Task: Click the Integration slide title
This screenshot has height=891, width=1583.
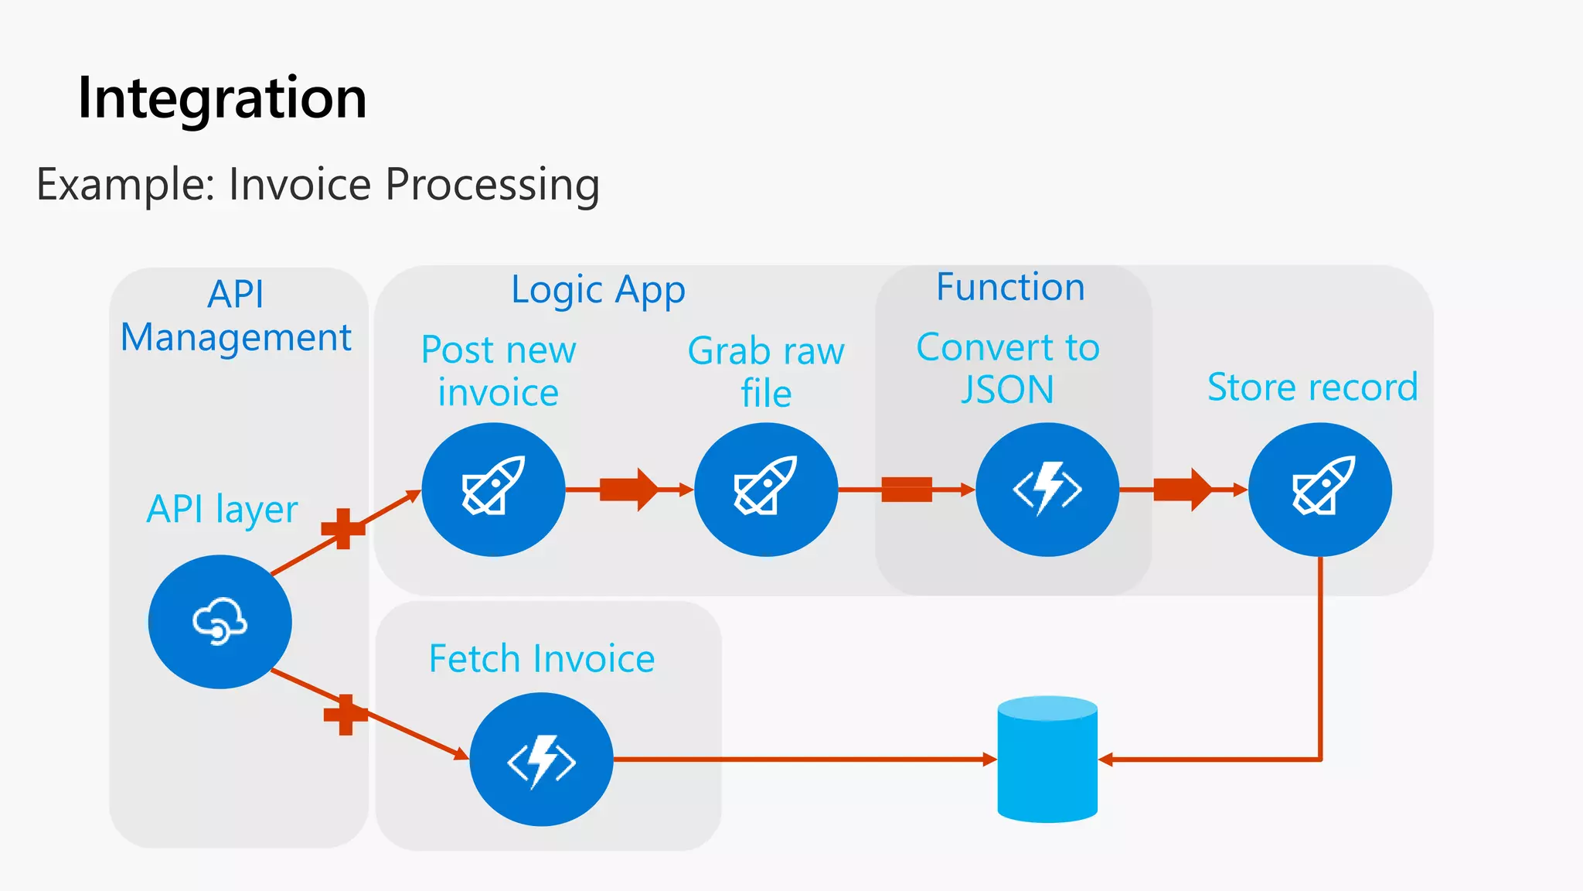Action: (222, 98)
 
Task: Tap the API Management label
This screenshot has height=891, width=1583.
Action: (236, 316)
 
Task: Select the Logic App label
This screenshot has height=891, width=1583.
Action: (597, 290)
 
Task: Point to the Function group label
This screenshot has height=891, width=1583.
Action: (1010, 287)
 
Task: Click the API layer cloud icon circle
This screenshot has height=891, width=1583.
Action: (220, 621)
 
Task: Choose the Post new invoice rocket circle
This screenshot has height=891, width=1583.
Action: (493, 489)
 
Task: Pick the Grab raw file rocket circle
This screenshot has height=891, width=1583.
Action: (766, 489)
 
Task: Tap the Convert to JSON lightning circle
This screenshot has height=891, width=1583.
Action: (1047, 489)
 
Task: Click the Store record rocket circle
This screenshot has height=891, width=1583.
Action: (1320, 489)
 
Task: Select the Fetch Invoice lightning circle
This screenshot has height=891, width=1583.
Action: (541, 759)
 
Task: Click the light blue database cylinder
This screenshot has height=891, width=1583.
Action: (1047, 759)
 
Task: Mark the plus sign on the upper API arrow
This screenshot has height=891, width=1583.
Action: (342, 529)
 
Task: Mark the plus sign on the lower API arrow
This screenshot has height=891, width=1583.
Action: (345, 714)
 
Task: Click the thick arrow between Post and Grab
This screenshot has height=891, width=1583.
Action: (628, 489)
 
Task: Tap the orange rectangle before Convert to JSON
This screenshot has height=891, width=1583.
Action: (906, 489)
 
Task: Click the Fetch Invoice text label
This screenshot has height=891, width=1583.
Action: (542, 659)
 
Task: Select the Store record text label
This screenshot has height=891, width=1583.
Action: (1312, 387)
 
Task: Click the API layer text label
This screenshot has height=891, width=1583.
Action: (222, 509)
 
